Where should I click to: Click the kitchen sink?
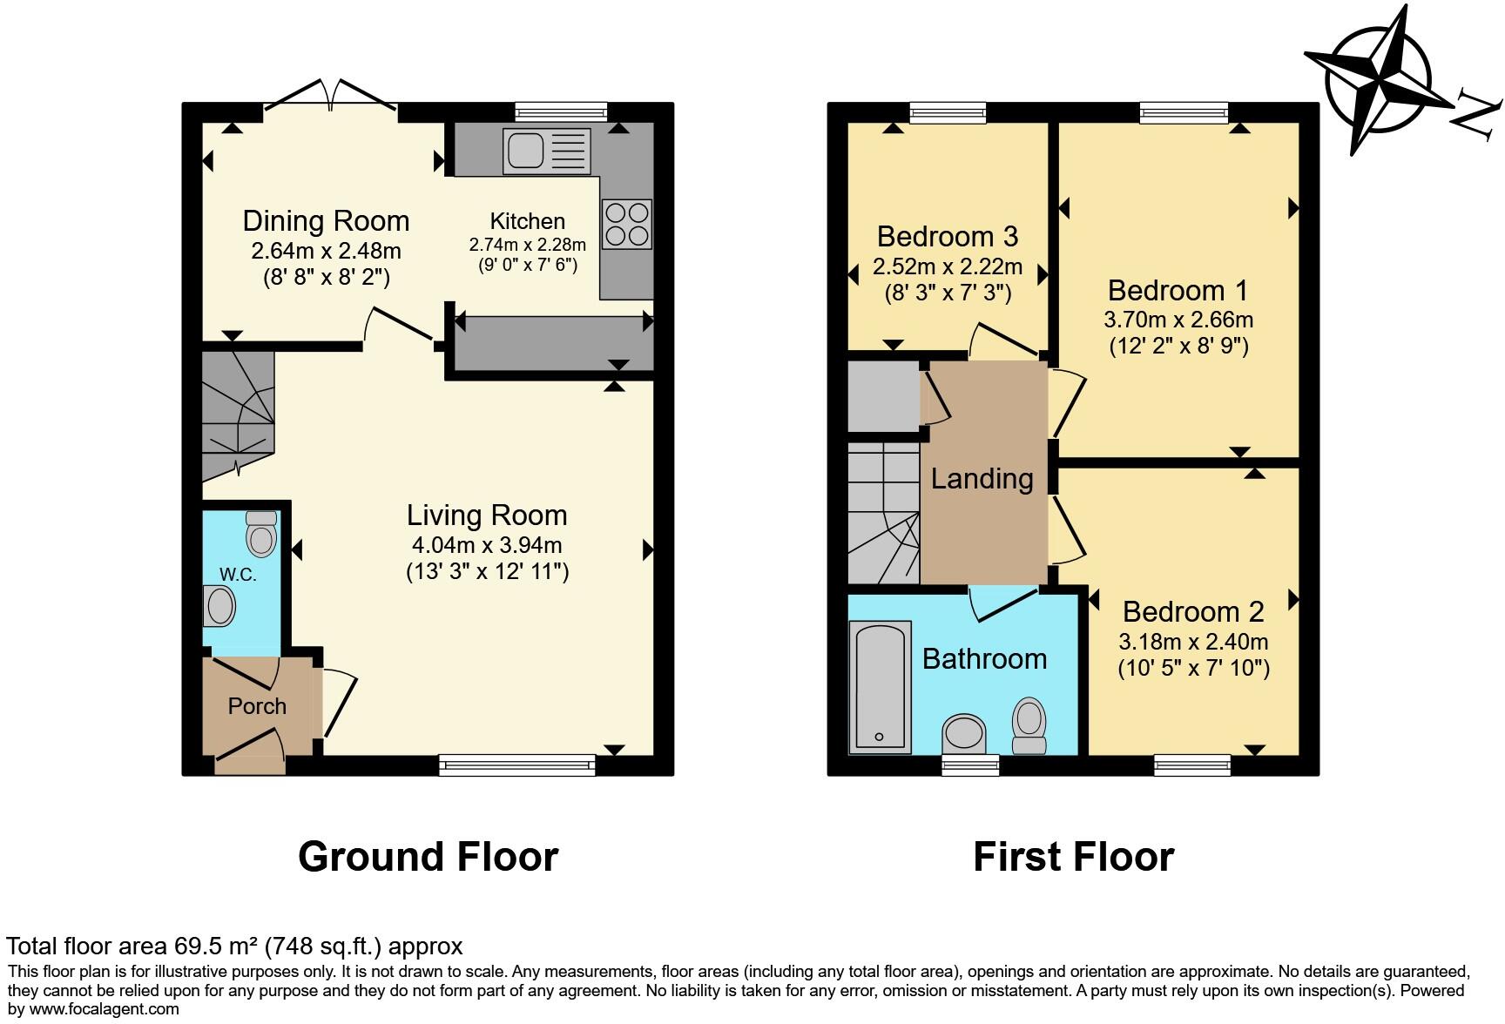coord(546,151)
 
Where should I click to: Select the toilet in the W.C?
coord(261,533)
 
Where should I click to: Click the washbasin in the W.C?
coord(219,606)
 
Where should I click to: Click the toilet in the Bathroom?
coord(1029,724)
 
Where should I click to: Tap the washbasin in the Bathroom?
coord(964,732)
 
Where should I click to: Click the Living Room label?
coord(487,515)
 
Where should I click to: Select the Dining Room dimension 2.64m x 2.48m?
coord(326,251)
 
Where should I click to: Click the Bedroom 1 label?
coord(1178,290)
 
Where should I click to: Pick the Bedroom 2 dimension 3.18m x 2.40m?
coord(1193,643)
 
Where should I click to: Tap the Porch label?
coord(257,706)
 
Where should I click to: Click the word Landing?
coord(982,478)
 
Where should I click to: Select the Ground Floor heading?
coord(428,857)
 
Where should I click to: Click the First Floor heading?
coord(1073,857)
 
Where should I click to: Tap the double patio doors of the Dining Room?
coord(330,101)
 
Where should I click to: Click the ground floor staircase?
coord(238,414)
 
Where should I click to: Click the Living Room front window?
coord(517,765)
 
